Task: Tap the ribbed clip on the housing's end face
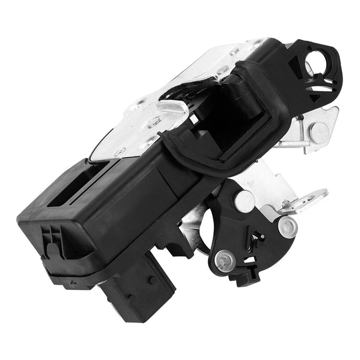coord(52,241)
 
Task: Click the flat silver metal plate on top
coord(135,130)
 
